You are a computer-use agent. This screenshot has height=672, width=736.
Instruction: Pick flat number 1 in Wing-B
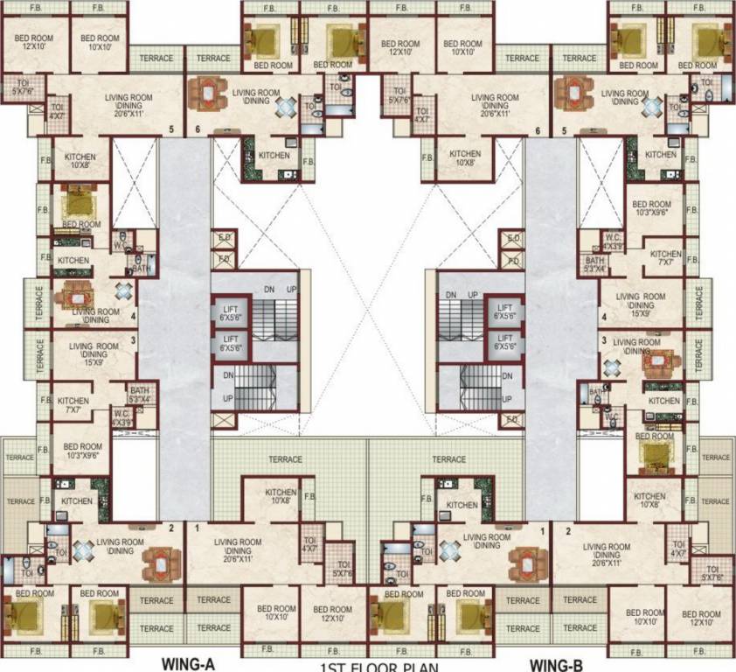pos(543,530)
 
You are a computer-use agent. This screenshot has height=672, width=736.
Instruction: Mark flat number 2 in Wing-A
pos(171,528)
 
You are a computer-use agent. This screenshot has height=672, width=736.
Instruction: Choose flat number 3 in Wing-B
pos(603,339)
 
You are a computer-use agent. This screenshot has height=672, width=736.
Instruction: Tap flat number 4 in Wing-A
pos(133,316)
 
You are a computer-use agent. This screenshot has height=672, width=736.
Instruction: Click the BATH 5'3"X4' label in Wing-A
pos(140,395)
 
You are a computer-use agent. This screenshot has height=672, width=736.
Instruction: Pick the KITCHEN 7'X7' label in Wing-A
pos(73,404)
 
